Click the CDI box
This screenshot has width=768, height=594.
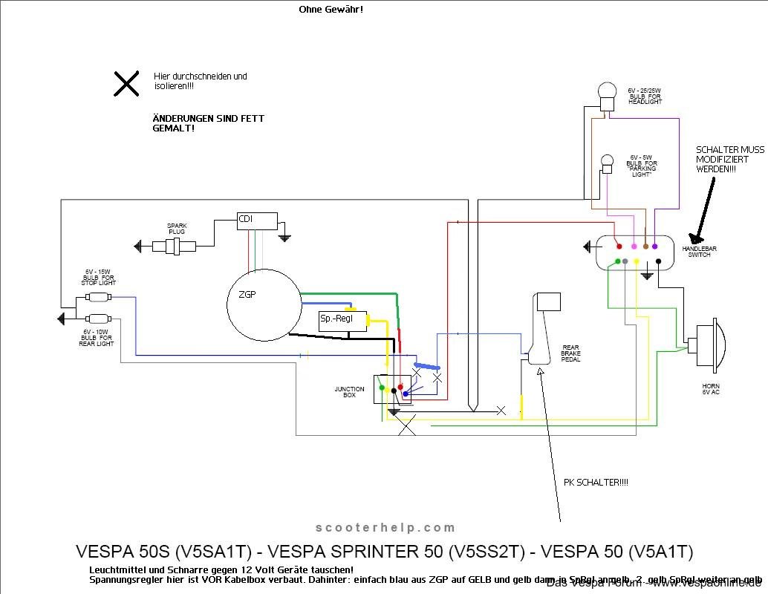tap(256, 220)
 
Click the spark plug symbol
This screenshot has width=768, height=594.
tap(174, 246)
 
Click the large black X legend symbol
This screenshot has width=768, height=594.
tap(126, 84)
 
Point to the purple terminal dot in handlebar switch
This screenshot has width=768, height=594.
tap(654, 246)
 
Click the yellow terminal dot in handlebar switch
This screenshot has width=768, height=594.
tap(636, 261)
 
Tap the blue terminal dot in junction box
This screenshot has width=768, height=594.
tap(404, 394)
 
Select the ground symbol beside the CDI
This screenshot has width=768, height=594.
tap(284, 237)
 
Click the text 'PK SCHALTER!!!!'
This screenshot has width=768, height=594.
tap(596, 483)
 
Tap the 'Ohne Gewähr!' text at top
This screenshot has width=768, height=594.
tap(331, 10)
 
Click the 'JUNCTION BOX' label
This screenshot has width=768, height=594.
tap(349, 392)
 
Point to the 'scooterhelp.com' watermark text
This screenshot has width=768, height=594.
tap(385, 528)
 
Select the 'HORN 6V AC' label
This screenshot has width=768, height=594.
tap(710, 389)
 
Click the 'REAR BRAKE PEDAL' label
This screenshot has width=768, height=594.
tap(570, 353)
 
